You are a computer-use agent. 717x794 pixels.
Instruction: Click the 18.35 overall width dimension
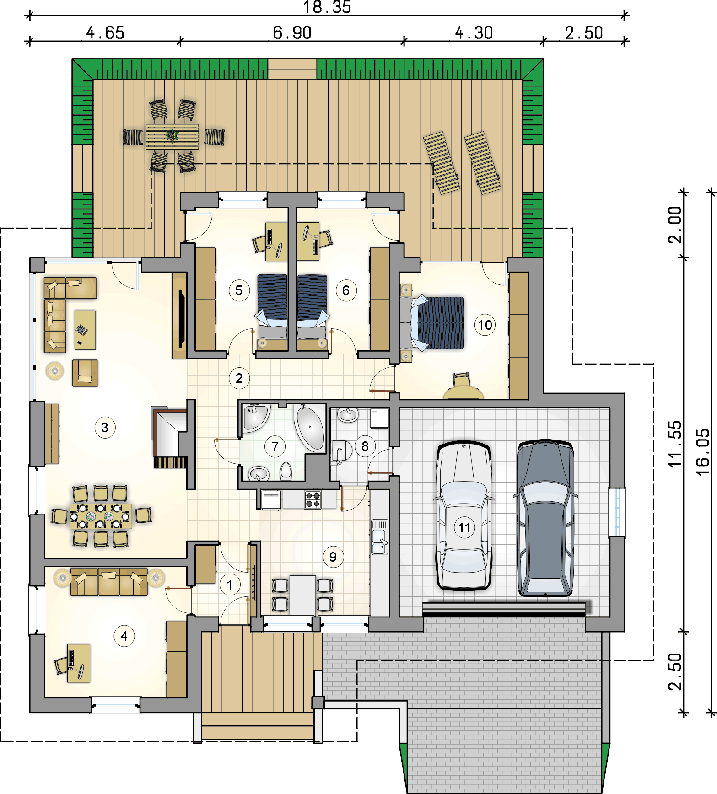pos(327,7)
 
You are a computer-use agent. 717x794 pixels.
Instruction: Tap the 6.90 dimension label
pos(292,33)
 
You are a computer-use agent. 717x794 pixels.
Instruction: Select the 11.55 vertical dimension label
pos(675,444)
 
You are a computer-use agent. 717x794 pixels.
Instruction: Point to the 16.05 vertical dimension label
pos(702,452)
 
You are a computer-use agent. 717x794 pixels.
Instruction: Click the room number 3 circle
pos(105,428)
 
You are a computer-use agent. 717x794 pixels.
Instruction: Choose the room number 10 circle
pos(485,325)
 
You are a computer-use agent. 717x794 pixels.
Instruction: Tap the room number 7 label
pos(275,446)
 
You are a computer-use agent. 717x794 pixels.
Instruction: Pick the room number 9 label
pos(333,557)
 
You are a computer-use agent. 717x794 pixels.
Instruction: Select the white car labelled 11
pos(464,515)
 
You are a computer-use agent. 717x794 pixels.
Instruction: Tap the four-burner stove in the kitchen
pos(313,499)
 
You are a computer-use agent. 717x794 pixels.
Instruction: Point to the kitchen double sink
pos(379,537)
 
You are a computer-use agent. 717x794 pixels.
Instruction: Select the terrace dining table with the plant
pos(172,136)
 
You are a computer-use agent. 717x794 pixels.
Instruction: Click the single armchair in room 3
pos(85,373)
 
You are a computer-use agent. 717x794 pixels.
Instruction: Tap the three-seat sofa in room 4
pos(109,581)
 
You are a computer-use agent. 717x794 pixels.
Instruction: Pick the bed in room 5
pos(273,313)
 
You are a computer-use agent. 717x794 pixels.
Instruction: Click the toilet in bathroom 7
pos(286,470)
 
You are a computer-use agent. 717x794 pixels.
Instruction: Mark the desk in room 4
pos(79,663)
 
